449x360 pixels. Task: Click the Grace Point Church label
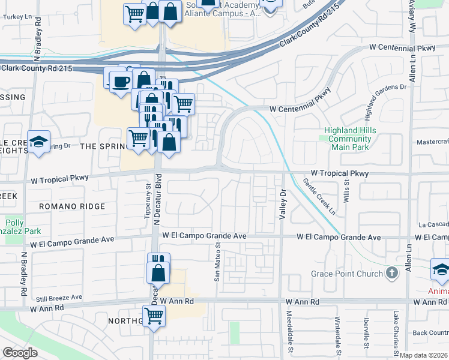point(346,274)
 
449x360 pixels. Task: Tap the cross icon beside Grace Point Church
point(391,274)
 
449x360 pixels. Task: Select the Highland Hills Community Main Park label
point(348,139)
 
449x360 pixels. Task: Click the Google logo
point(20,353)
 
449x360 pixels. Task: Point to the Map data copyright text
point(423,355)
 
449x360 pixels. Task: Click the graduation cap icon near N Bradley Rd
point(39,142)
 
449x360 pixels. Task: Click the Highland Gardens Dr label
point(385,101)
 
